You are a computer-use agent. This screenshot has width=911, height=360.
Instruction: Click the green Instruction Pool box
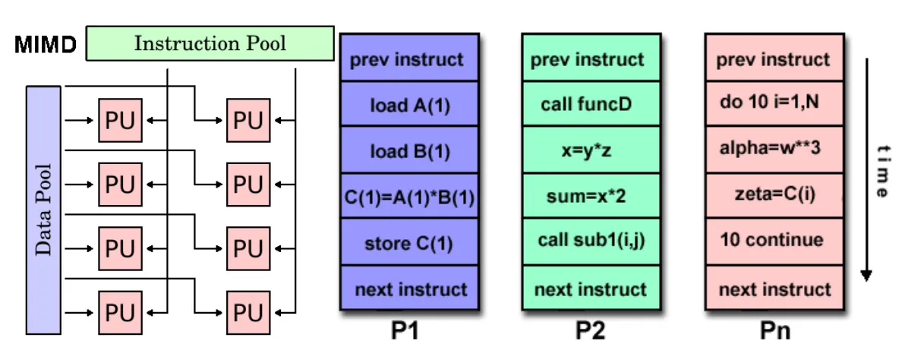tap(210, 43)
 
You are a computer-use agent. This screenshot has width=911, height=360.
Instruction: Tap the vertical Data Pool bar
tap(43, 210)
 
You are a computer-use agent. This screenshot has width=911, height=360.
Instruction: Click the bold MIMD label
tap(46, 44)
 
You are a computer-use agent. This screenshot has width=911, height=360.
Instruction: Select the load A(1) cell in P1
tap(409, 105)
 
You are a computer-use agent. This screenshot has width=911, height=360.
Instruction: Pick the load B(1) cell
tap(409, 150)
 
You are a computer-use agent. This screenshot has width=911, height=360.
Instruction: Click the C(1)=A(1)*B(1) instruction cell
tap(409, 197)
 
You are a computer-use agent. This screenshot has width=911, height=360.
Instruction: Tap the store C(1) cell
tap(409, 243)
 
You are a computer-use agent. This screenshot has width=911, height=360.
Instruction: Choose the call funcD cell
tap(591, 104)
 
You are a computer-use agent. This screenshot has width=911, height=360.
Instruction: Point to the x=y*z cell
tap(591, 150)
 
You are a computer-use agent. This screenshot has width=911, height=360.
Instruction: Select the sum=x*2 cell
tap(591, 197)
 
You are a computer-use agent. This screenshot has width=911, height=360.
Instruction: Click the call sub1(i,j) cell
tap(591, 242)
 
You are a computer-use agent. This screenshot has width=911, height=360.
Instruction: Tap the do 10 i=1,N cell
tap(774, 103)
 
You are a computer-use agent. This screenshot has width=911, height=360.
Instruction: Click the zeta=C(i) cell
tap(774, 196)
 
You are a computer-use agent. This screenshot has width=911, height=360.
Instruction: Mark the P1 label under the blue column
tap(405, 330)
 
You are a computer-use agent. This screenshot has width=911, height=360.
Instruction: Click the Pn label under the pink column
tap(775, 330)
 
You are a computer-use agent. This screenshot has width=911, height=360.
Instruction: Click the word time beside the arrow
tap(883, 171)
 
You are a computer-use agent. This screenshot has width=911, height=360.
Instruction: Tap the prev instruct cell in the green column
tap(591, 59)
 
